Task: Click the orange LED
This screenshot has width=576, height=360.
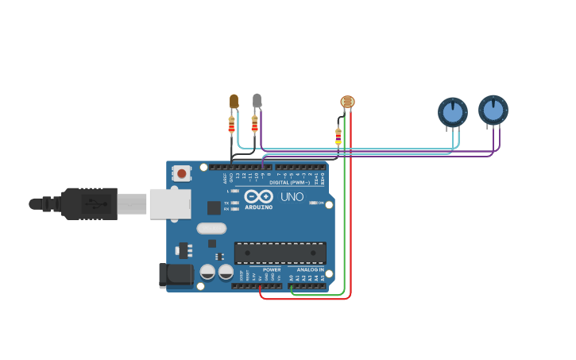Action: tap(234, 101)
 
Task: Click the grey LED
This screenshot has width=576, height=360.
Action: tap(257, 100)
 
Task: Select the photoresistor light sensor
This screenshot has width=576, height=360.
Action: tap(347, 102)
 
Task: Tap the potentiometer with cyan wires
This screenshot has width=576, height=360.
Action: tap(453, 112)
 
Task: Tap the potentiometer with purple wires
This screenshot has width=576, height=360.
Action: tap(493, 110)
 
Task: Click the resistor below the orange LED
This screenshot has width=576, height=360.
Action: tap(232, 124)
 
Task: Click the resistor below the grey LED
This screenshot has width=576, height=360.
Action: tap(254, 123)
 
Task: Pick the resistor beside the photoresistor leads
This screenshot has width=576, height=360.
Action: tap(338, 137)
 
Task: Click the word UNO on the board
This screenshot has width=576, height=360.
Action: tap(292, 196)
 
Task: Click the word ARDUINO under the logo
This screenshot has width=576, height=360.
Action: tap(258, 207)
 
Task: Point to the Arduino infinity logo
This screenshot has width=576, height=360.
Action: tap(258, 196)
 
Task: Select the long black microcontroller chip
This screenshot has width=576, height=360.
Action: tap(280, 253)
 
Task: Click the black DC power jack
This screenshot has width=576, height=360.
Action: tap(174, 275)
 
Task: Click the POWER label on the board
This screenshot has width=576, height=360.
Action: tap(272, 269)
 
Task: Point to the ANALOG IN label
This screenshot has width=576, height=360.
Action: tap(310, 269)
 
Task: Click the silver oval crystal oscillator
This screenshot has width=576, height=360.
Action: tap(211, 229)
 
